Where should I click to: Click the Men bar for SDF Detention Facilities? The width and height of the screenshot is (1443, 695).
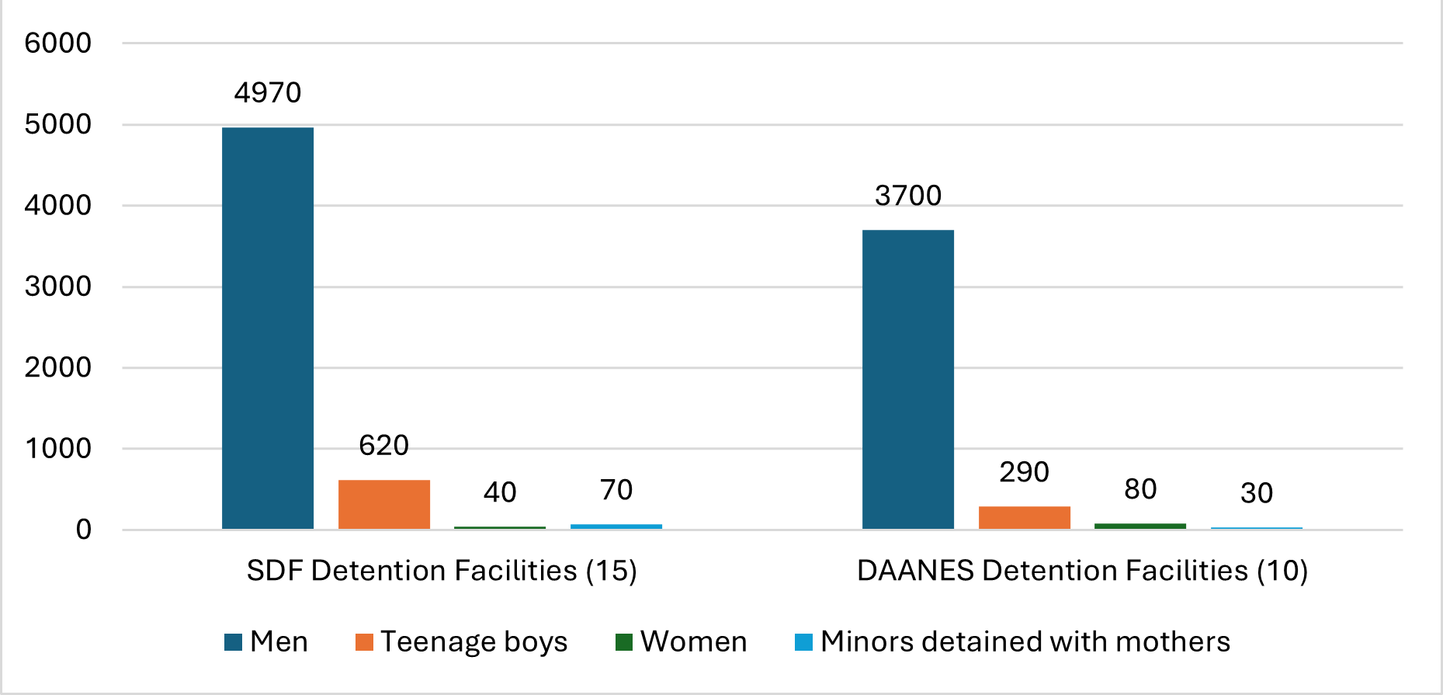(x=268, y=328)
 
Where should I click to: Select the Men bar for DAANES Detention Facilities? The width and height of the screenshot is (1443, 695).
(x=908, y=379)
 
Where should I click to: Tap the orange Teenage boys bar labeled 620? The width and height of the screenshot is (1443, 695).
(x=384, y=504)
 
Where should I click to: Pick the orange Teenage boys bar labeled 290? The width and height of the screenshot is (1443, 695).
(x=1025, y=517)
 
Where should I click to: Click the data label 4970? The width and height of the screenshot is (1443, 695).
(x=268, y=93)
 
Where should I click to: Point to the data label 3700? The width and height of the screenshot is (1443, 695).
(x=908, y=196)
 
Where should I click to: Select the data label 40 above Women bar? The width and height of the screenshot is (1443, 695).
(x=500, y=492)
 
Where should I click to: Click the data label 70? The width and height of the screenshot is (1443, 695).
(x=616, y=490)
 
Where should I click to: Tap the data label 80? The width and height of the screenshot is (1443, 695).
(x=1140, y=489)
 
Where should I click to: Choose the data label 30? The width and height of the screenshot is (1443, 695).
(x=1257, y=493)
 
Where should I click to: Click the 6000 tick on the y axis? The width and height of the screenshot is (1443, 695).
(x=58, y=43)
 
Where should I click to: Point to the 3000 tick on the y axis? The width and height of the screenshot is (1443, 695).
(x=58, y=287)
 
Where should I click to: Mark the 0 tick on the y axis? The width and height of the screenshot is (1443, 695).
(x=83, y=530)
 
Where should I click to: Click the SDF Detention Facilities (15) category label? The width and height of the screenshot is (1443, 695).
(x=442, y=571)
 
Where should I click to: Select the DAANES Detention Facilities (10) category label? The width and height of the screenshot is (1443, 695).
(x=1082, y=571)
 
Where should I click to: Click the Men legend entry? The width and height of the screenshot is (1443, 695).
(x=267, y=642)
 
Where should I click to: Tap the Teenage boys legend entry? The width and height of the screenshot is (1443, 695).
(x=462, y=642)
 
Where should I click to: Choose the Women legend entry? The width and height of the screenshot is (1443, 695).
(x=682, y=642)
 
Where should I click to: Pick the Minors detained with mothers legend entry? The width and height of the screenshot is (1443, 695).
(x=1013, y=642)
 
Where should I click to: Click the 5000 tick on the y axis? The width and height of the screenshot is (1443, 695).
(x=58, y=124)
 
